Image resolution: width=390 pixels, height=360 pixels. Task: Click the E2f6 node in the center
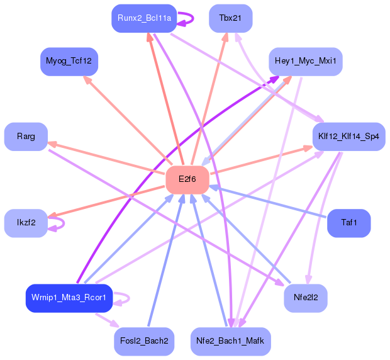(187, 179)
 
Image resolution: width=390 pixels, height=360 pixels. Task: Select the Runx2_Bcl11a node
(144, 18)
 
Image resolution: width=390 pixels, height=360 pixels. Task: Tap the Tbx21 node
(231, 18)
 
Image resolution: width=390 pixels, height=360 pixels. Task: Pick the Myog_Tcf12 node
(69, 62)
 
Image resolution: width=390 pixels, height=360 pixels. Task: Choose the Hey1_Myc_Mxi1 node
(306, 62)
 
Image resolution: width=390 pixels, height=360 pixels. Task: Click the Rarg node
(26, 137)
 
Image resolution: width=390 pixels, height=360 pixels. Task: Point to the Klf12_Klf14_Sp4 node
(348, 137)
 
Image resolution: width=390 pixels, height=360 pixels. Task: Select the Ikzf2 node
(26, 223)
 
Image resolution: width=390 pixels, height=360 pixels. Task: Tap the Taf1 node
(348, 223)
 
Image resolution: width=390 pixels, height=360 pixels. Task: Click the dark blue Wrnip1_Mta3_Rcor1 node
(69, 298)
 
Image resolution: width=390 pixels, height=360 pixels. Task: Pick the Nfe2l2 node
(306, 298)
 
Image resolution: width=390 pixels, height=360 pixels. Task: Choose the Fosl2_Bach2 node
(144, 341)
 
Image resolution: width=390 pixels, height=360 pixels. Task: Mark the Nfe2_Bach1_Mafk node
(231, 341)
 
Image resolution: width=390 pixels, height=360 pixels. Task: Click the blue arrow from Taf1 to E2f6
(267, 201)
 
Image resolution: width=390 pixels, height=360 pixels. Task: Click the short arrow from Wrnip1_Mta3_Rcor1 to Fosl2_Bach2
(108, 320)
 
